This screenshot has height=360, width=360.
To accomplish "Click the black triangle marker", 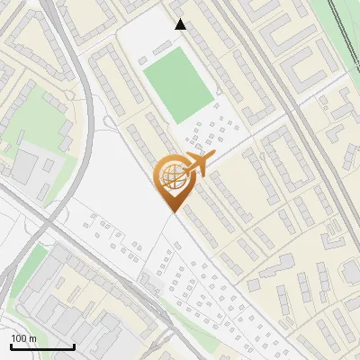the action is pyautogui.click(x=181, y=24).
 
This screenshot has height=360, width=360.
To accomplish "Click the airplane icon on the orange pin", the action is pyautogui.click(x=196, y=165).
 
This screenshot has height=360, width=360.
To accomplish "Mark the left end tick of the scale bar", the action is pyautogui.click(x=11, y=346).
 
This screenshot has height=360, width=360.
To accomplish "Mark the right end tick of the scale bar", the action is pyautogui.click(x=74, y=346).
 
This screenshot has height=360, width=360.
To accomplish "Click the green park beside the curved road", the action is pyautogui.click(x=36, y=112).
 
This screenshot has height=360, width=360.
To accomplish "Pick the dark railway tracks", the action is pyautogui.click(x=342, y=27).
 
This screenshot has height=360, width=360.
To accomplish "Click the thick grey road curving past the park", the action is pyautogui.click(x=85, y=135).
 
